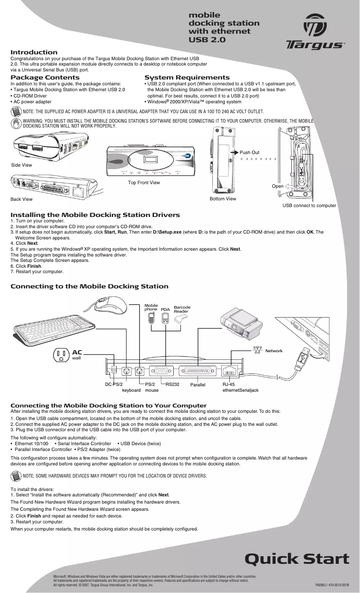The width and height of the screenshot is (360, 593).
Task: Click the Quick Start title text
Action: pos(297,559)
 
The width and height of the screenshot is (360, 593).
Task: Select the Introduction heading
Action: pos(34,53)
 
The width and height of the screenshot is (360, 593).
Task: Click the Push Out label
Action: pos(250,153)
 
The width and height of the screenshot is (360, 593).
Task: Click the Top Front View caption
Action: pos(144,182)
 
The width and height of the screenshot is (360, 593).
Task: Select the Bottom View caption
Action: pos(223,199)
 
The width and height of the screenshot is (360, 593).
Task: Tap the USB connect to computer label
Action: pos(309,205)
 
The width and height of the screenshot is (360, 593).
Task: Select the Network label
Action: pos(274,350)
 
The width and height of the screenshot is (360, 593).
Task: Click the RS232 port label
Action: pos(172,385)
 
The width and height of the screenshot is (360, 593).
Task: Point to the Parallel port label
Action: pos(198,385)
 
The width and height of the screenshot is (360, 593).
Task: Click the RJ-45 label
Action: pos(229,385)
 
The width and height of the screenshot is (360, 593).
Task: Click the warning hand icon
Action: pos(16,123)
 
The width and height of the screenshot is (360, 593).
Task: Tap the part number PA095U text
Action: pos(322,585)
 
